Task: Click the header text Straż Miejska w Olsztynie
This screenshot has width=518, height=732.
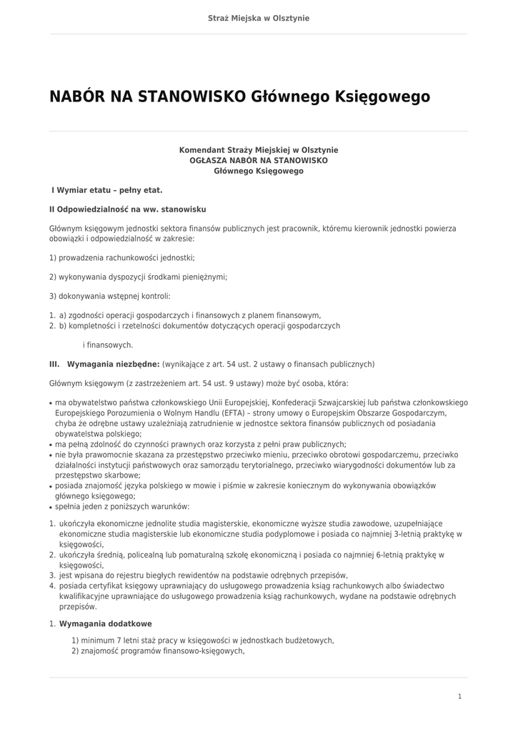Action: [x=259, y=18]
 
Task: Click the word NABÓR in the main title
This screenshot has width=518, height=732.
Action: [x=77, y=97]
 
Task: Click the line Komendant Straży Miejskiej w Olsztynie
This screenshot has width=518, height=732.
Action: [x=259, y=150]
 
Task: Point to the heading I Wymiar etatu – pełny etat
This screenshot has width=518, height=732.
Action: [x=107, y=190]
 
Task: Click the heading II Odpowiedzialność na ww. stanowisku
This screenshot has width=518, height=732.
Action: [x=128, y=209]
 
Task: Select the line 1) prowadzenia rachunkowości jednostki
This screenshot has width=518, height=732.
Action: [x=122, y=257]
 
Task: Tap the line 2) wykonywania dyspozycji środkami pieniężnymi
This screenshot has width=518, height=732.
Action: [x=138, y=277]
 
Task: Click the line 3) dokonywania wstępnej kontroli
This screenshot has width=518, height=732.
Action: [x=110, y=296]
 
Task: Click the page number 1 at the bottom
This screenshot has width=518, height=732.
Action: [x=460, y=696]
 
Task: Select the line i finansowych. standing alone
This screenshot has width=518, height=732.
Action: [x=108, y=345]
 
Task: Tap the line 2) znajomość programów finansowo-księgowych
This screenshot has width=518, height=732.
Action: [x=158, y=651]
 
